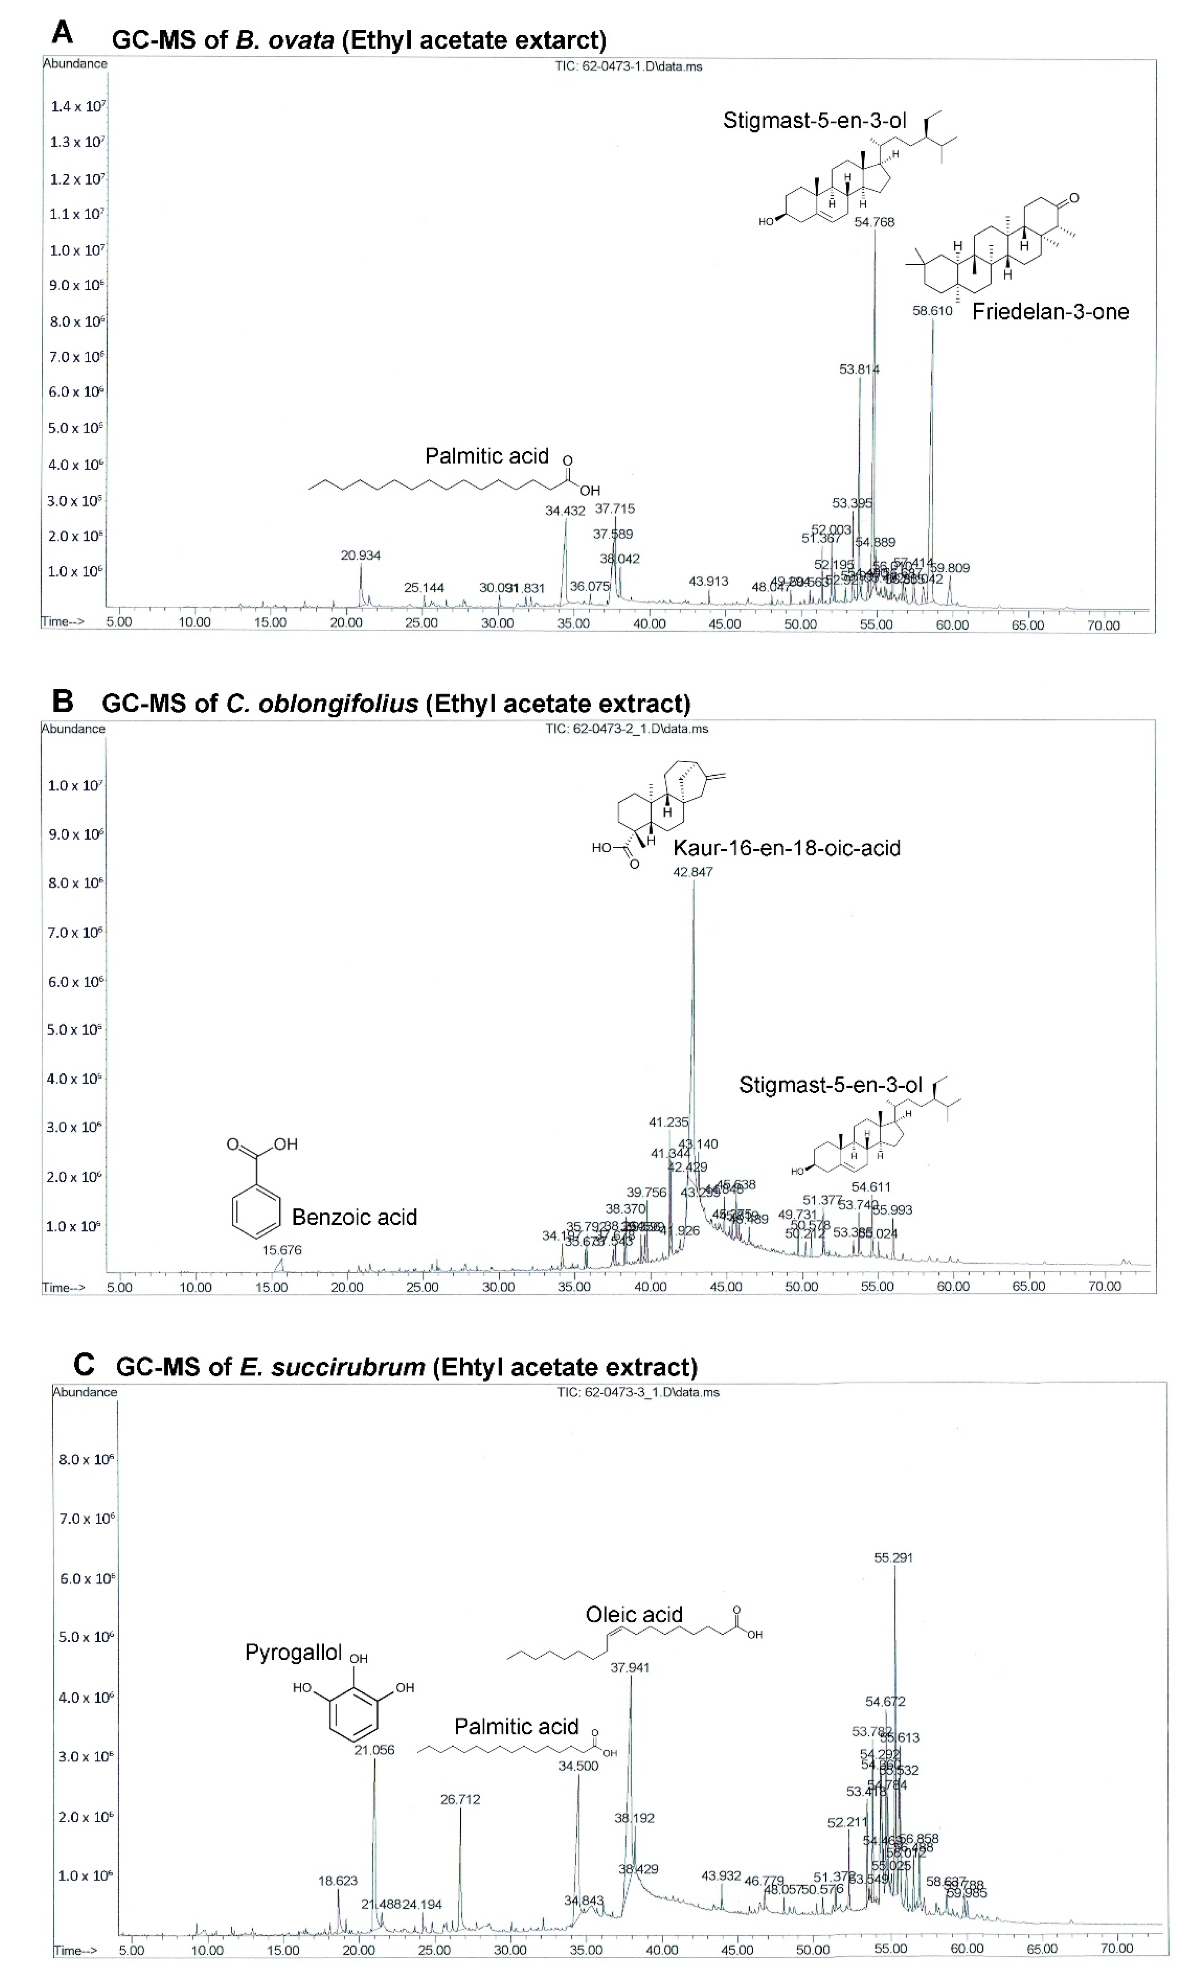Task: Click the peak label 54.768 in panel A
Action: (874, 222)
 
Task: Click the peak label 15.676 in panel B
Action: (282, 1250)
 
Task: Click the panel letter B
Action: (63, 701)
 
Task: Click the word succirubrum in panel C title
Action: (332, 1367)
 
